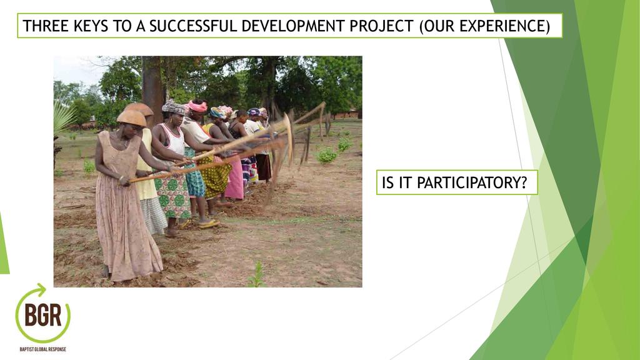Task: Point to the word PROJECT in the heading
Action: pyautogui.click(x=382, y=26)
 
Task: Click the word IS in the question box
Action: pyautogui.click(x=387, y=182)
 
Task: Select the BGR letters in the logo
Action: pyautogui.click(x=43, y=315)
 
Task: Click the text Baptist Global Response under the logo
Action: pyautogui.click(x=43, y=349)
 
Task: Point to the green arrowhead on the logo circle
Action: pyautogui.click(x=41, y=289)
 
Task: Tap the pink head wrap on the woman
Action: pyautogui.click(x=197, y=106)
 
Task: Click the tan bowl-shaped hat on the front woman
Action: pyautogui.click(x=131, y=118)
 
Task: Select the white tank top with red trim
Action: pyautogui.click(x=174, y=139)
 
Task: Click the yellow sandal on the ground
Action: pyautogui.click(x=209, y=223)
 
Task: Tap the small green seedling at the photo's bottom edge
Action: pyautogui.click(x=257, y=275)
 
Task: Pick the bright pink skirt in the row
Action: pyautogui.click(x=235, y=179)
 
